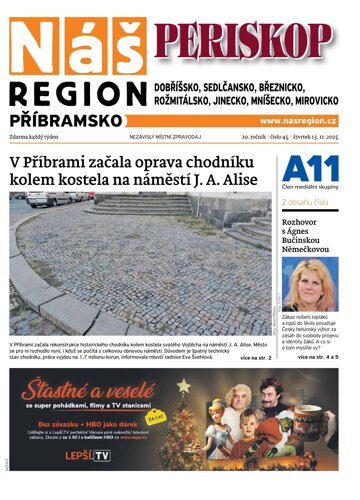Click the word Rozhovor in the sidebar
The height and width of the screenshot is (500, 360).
click(302, 224)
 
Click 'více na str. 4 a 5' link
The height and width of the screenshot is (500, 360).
click(318, 356)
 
